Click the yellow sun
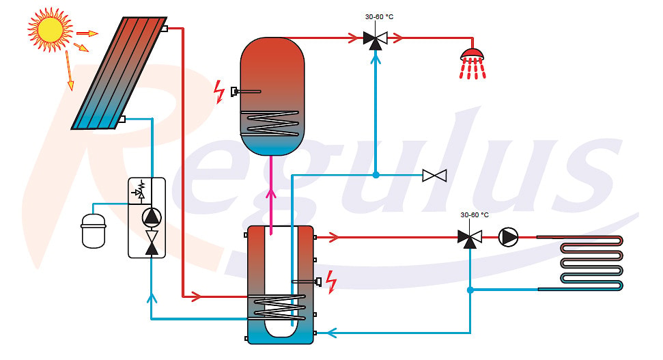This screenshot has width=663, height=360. click(49, 29)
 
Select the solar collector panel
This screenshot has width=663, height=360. click(119, 73)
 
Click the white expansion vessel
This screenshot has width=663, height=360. click(94, 231)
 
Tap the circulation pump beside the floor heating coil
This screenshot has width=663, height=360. click(508, 237)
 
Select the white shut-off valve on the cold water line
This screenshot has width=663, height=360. click(434, 175)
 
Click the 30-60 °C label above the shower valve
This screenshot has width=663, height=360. click(379, 17)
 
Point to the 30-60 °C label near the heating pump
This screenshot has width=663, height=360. click(475, 215)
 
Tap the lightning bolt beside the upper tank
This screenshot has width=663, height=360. click(219, 92)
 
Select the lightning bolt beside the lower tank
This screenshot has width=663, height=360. click(331, 281)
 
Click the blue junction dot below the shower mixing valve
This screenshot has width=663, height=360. click(376, 175)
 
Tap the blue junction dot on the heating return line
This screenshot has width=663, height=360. click(470, 290)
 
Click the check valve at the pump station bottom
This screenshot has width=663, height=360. click(152, 243)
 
